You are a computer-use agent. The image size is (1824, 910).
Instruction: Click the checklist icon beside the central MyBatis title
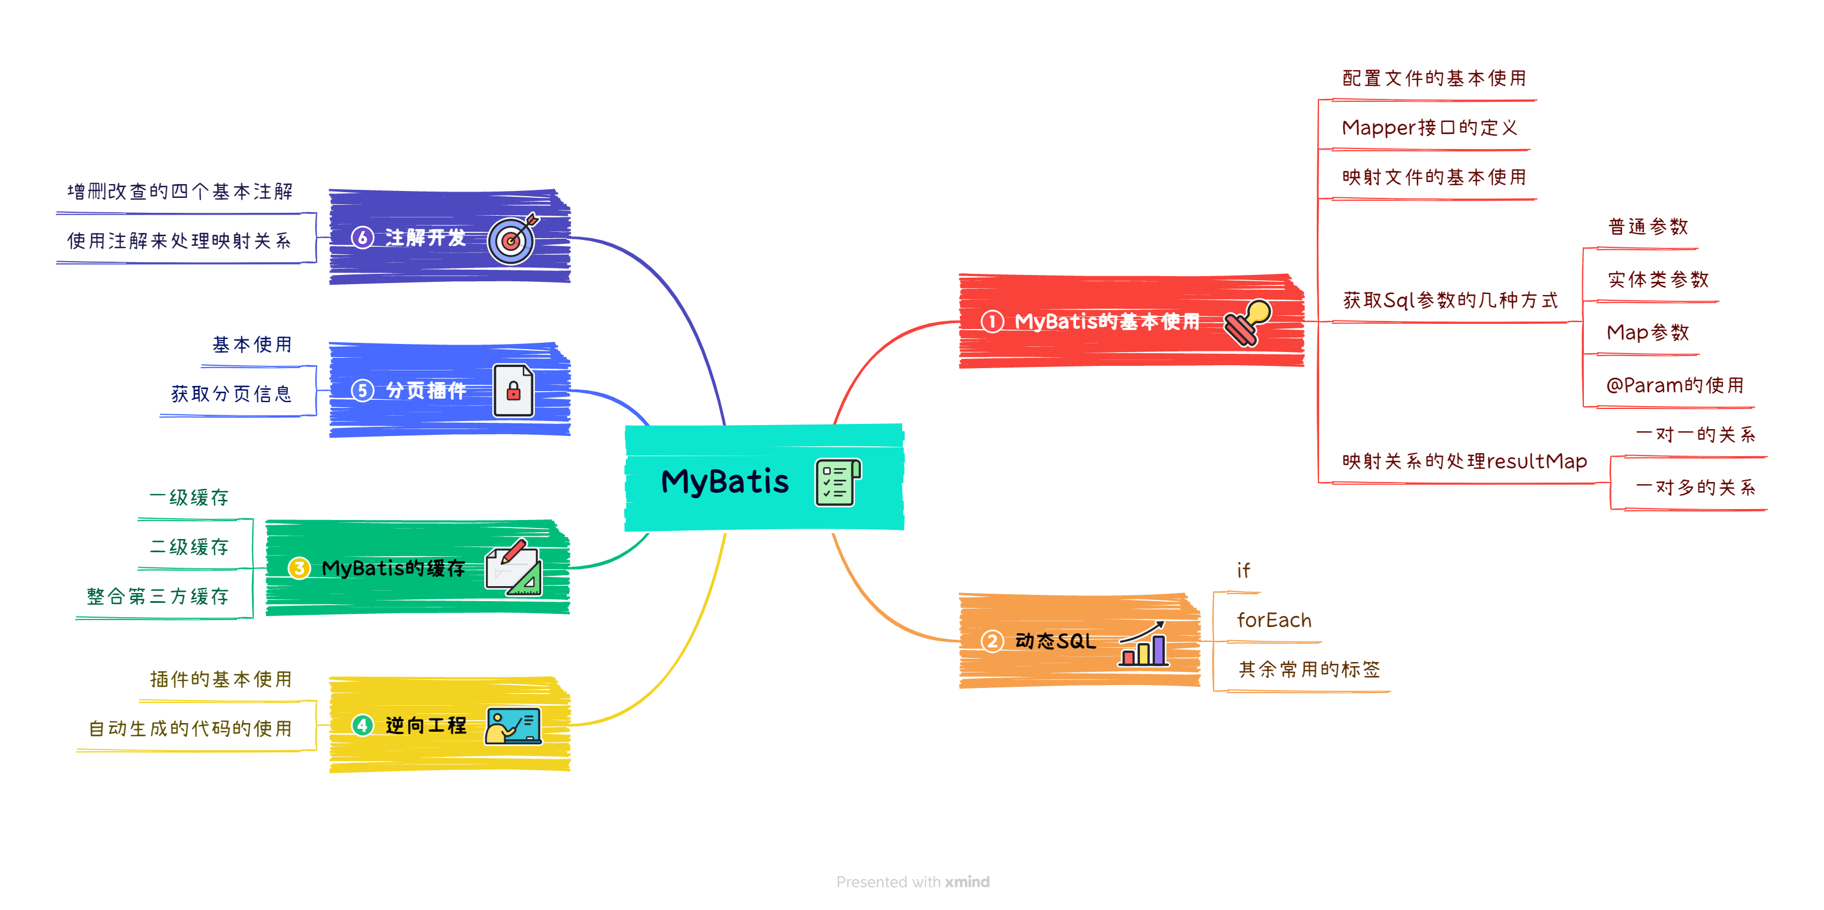pos(838,483)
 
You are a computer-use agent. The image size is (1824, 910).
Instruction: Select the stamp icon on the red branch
pos(1248,322)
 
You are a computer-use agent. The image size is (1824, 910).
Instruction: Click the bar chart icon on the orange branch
pos(1143,643)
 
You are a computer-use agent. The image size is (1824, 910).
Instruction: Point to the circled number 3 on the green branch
pos(299,568)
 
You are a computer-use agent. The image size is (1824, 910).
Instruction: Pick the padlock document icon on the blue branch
pos(514,390)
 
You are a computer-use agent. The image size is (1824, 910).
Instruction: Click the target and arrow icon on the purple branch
pos(512,239)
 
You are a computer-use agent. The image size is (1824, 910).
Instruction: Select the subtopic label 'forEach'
pos(1274,621)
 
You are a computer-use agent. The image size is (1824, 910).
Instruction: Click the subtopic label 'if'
pos(1244,571)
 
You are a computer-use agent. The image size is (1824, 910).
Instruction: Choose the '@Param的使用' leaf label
pos(1675,385)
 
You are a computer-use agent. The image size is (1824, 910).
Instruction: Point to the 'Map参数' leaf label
pos(1648,332)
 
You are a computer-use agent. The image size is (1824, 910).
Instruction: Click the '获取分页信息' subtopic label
pos(231,394)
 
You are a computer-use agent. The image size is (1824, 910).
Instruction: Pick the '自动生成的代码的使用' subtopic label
pos(191,729)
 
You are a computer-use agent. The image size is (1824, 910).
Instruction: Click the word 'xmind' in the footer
pos(967,882)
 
